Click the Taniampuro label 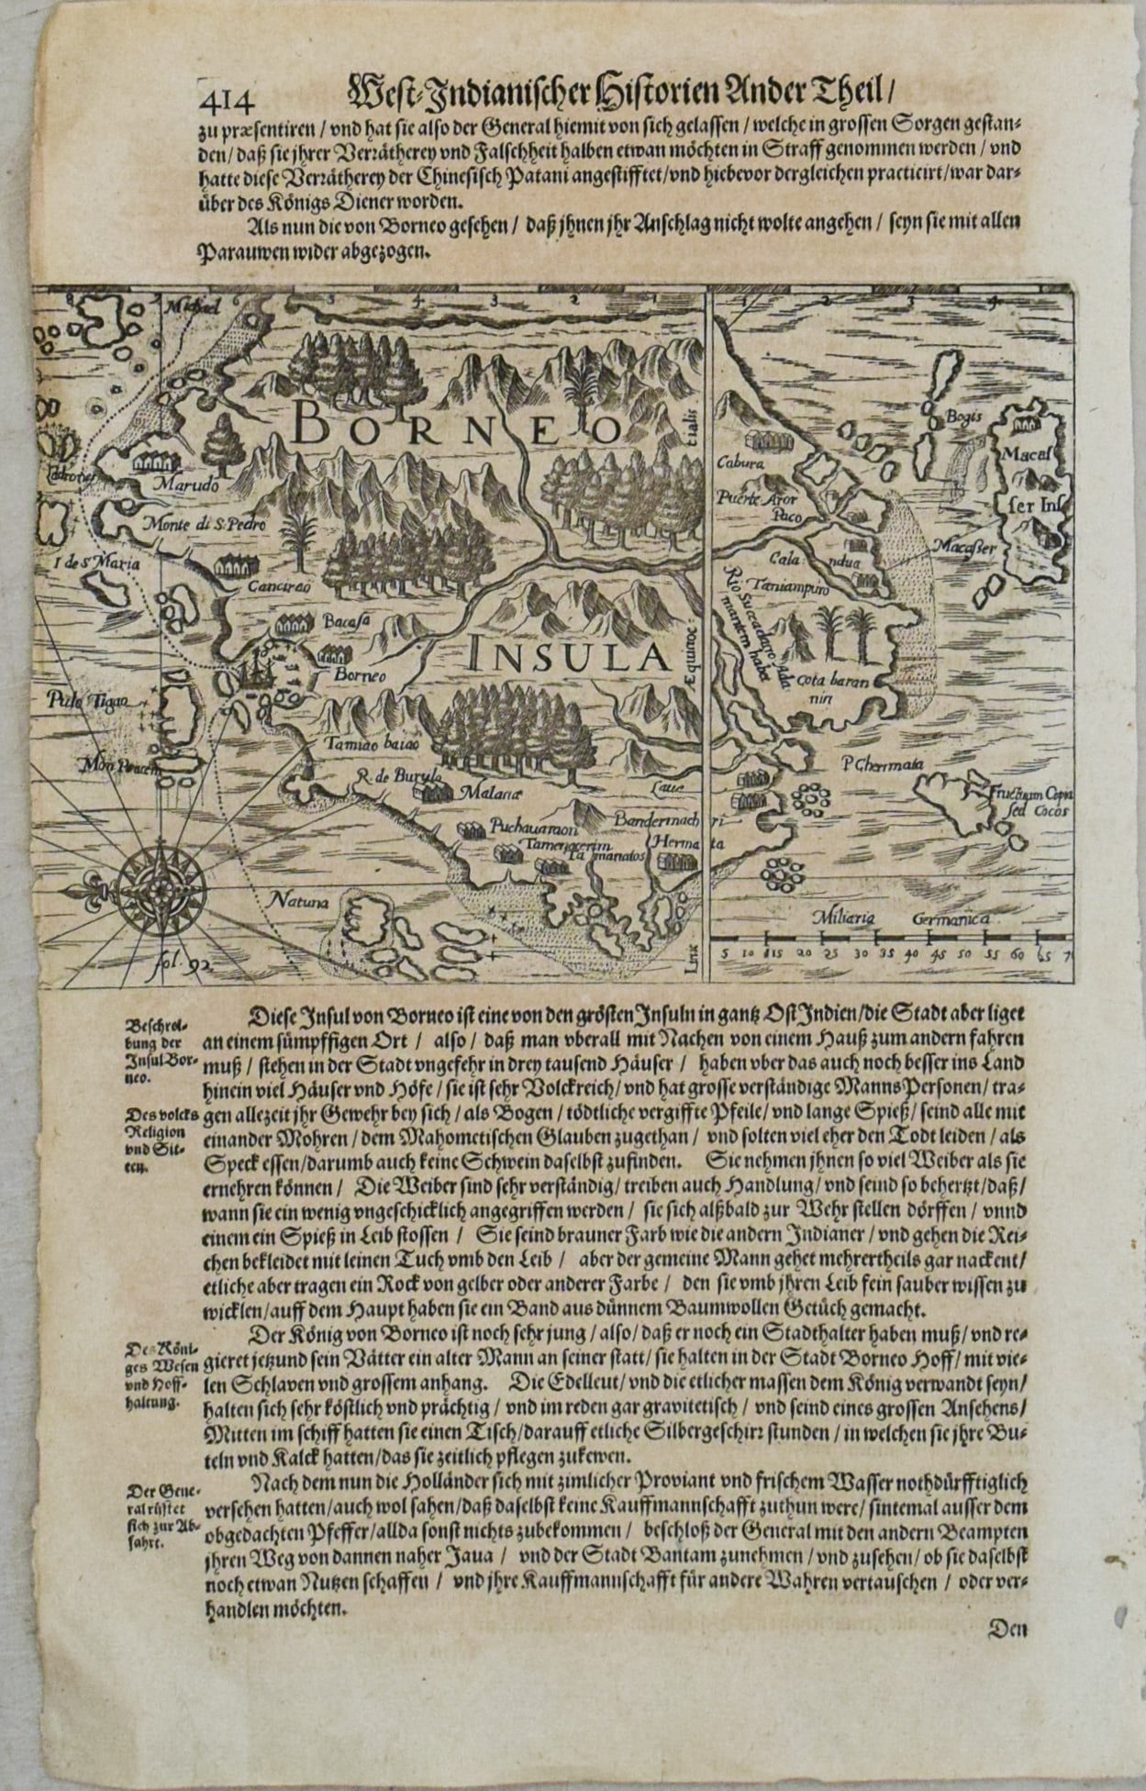point(789,584)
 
